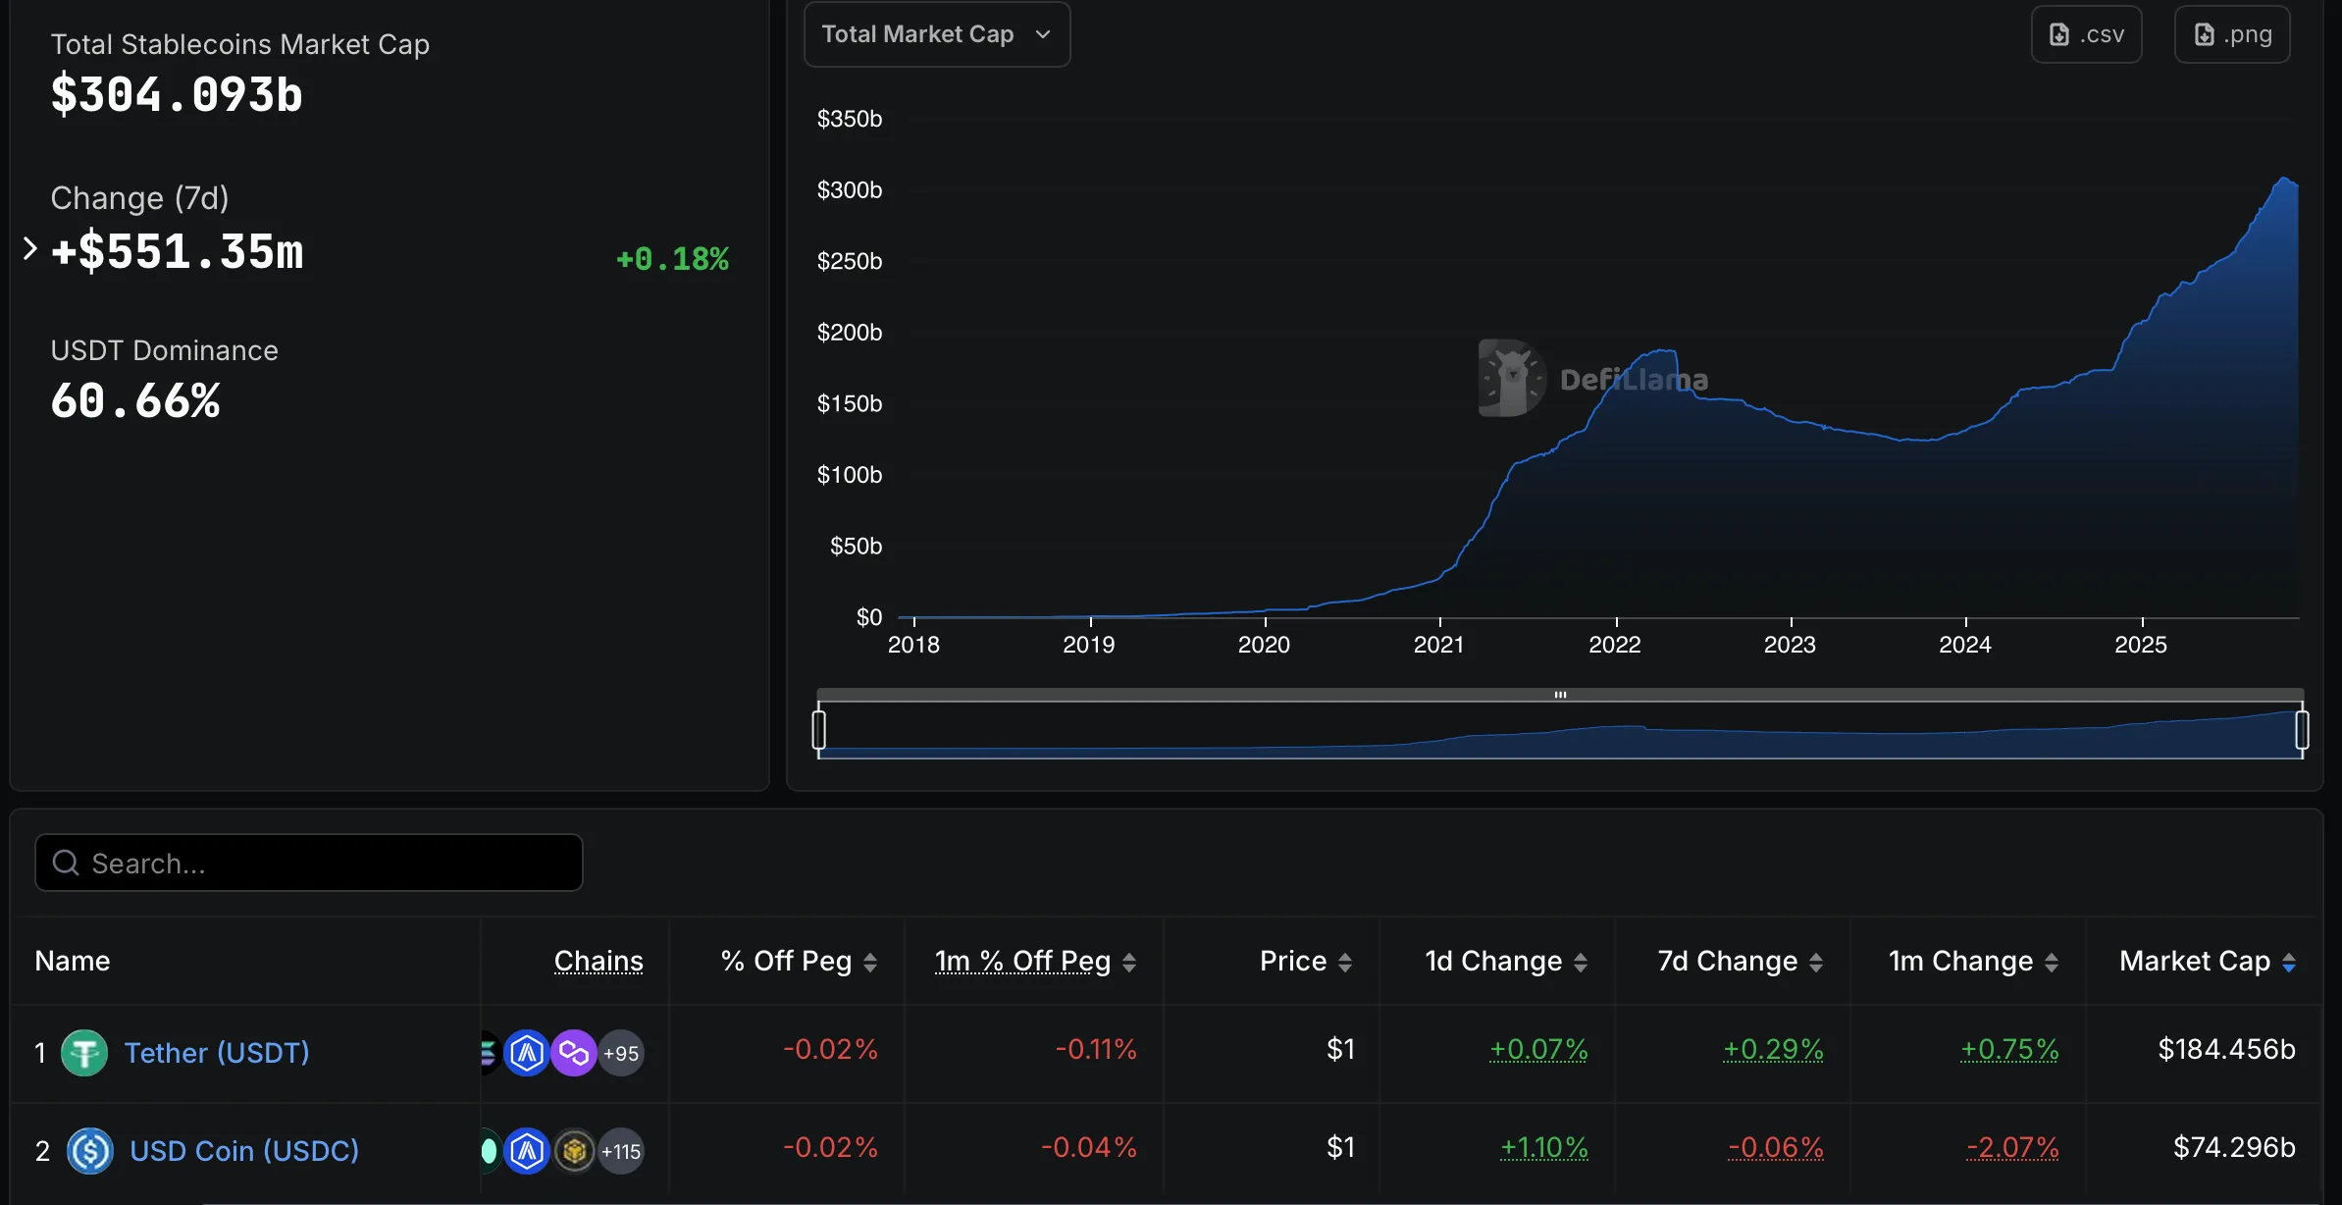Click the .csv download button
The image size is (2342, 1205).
2086,35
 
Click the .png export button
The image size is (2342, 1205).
2232,35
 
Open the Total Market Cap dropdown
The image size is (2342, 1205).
936,35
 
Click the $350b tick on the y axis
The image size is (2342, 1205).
850,119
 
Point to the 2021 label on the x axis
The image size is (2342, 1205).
1438,645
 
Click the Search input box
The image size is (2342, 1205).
309,864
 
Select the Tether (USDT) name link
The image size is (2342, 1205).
217,1053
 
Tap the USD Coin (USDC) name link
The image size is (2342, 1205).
244,1151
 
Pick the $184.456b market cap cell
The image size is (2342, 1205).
2226,1050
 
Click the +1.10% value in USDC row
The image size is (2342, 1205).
1543,1148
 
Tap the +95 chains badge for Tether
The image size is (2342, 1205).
621,1054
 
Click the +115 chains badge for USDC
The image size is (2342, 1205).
621,1152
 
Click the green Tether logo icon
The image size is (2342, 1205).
84,1054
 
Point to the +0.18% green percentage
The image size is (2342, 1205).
672,259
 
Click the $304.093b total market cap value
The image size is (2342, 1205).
177,95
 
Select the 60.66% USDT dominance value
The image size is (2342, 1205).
135,401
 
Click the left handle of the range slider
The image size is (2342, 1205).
819,730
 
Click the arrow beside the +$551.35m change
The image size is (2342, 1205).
29,249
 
